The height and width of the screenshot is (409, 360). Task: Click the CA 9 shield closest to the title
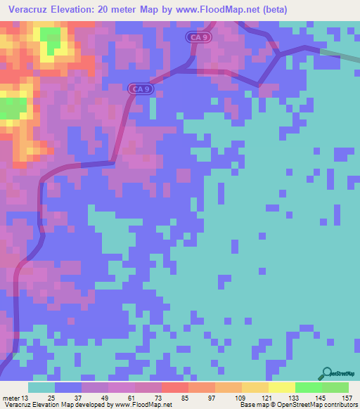tap(198, 37)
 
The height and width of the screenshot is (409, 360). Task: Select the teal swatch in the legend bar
tap(41, 388)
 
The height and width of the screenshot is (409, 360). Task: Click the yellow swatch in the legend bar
tap(281, 388)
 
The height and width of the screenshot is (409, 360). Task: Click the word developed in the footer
tap(91, 405)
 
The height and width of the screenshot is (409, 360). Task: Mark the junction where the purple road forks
tap(280, 53)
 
